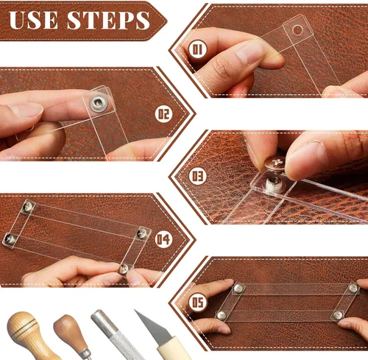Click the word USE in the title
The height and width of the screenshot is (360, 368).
(x=34, y=20)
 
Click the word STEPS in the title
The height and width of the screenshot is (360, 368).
(x=108, y=20)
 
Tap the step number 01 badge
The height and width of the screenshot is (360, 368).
(x=197, y=49)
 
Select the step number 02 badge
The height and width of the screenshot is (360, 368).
(x=164, y=114)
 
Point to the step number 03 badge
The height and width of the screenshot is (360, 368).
(x=198, y=176)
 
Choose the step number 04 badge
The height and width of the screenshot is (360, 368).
(x=163, y=239)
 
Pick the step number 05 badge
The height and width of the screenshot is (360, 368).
(x=198, y=303)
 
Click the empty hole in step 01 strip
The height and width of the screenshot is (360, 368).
(x=297, y=30)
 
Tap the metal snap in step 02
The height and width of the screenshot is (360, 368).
(x=99, y=103)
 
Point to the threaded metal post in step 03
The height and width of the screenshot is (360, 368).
(x=274, y=183)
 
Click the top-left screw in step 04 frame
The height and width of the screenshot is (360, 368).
(x=28, y=206)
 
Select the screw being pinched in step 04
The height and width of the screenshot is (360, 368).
(x=124, y=269)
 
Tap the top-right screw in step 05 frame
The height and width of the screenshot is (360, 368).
(x=353, y=288)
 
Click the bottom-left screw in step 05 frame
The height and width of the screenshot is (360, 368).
(x=222, y=316)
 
